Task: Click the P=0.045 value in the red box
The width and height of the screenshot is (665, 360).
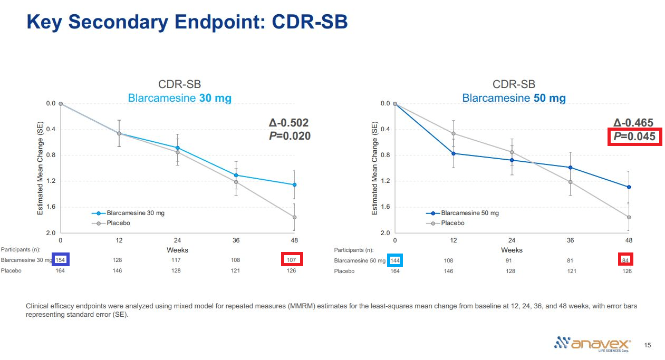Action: point(634,137)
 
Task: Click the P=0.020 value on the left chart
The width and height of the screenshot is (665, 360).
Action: point(290,136)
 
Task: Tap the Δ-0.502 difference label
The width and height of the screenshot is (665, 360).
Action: point(288,123)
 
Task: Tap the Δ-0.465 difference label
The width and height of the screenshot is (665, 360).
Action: point(633,123)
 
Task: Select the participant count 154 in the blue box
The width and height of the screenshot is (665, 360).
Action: point(60,260)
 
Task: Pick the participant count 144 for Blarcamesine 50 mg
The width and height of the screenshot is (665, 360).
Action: point(394,260)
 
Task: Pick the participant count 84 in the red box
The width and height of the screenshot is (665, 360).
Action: point(625,260)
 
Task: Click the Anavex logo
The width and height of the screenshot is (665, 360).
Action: point(592,343)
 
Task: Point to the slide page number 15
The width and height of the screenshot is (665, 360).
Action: point(648,345)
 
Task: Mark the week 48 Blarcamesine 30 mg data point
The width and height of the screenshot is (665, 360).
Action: point(294,184)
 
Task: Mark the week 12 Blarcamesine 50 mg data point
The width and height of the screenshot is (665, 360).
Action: point(454,153)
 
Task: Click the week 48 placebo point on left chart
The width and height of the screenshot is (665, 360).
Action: point(294,217)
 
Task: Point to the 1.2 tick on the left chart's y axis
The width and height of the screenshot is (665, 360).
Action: point(51,181)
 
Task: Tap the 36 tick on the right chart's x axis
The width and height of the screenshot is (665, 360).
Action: point(570,240)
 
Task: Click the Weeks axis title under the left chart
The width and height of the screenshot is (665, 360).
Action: point(177,250)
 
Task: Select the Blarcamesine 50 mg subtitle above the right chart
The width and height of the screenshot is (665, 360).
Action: point(514,98)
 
